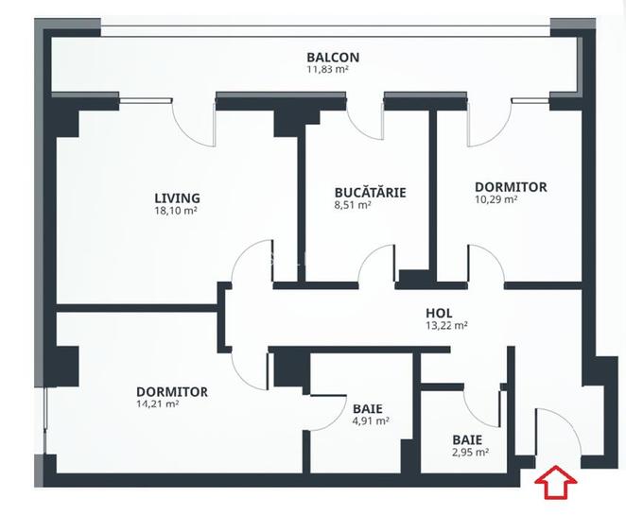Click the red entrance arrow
point(556,483)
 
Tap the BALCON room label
point(332,57)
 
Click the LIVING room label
point(177,198)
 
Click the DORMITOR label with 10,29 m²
point(510,187)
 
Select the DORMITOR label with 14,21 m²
point(171,391)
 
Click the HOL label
point(439,313)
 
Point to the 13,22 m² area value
point(446,325)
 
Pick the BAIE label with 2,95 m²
point(467,439)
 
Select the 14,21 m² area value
point(158,403)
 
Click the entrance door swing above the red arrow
point(556,430)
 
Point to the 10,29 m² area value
point(496,199)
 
